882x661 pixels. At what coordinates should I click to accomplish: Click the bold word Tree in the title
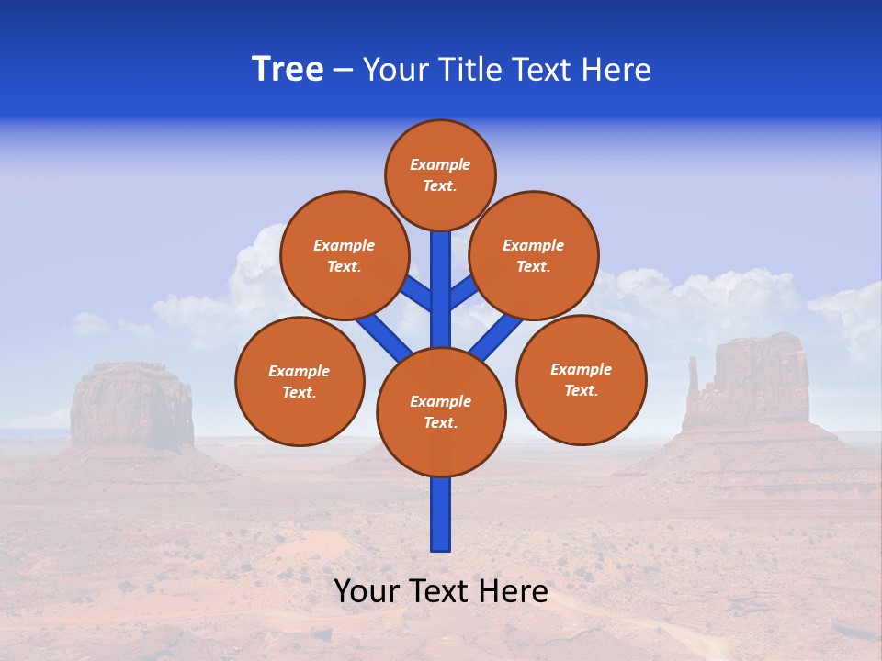(x=288, y=70)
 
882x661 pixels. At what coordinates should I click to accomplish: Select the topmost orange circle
(x=440, y=174)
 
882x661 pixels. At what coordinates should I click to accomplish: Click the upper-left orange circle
(x=344, y=255)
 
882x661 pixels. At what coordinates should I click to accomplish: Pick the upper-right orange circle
(x=534, y=255)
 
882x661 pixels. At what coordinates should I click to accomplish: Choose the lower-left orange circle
(x=300, y=381)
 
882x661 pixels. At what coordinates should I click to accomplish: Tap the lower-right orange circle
(x=582, y=379)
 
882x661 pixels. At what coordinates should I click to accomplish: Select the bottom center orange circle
(x=441, y=411)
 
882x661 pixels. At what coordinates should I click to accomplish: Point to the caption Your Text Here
(x=441, y=591)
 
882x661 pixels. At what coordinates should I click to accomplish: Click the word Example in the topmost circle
(x=440, y=165)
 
